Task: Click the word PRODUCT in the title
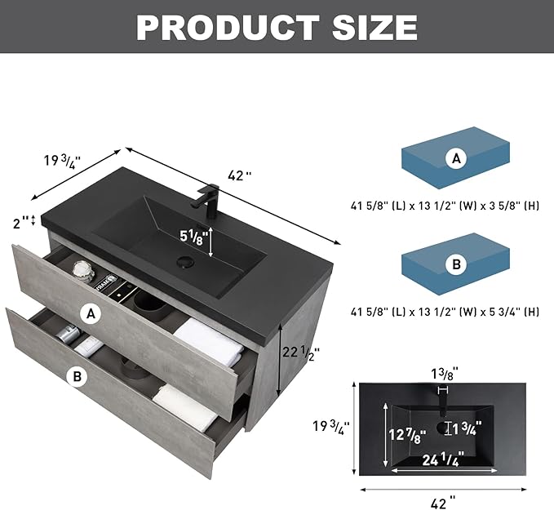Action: point(228,27)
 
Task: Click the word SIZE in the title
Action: point(375,27)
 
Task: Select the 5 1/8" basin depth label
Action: point(192,237)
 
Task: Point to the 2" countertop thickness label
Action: point(21,223)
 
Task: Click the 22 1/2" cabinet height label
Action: point(301,352)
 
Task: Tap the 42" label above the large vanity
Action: point(240,175)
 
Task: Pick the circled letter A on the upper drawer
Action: point(91,313)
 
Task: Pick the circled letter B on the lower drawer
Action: point(78,376)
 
